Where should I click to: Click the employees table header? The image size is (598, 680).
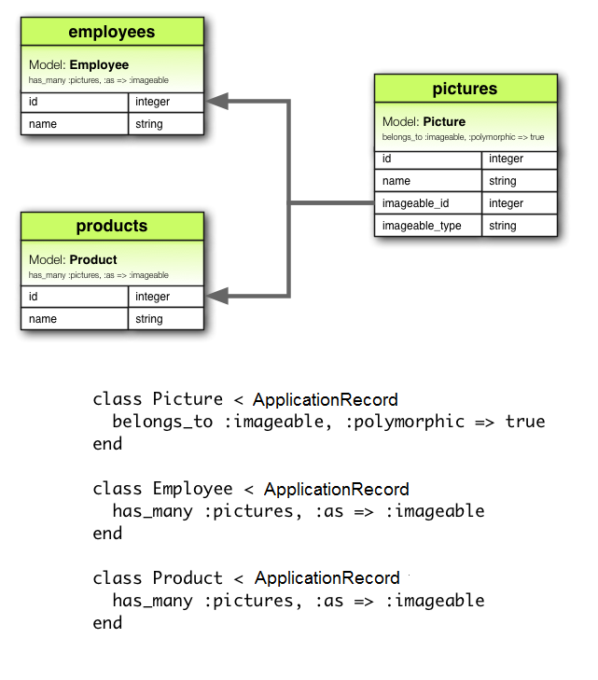coord(111,33)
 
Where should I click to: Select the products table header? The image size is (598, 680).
coord(111,227)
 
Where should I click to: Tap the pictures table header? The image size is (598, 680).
coord(465,90)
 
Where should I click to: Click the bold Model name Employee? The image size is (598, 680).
coord(99,65)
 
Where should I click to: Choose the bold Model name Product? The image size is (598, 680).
coord(93,259)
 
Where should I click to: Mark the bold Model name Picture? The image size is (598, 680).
coord(444,121)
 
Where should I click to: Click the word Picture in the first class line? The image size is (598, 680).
coord(188,399)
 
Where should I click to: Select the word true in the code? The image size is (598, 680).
coord(525,422)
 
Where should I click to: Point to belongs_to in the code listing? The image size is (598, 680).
coord(162,422)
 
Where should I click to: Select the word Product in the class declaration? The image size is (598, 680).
coord(188,578)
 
